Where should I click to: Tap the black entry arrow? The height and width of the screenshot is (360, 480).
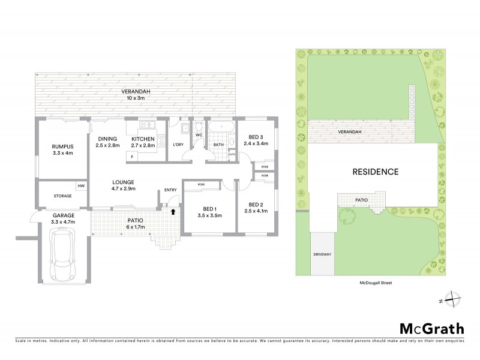tap(173, 211)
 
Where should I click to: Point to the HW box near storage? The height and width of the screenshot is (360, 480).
tap(80, 187)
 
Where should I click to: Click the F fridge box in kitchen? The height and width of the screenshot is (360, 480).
tap(131, 157)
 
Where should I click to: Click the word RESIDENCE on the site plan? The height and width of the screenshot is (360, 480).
tap(374, 172)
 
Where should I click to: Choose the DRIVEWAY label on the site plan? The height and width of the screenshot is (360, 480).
tap(322, 254)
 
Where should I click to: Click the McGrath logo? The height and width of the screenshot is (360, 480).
tap(431, 328)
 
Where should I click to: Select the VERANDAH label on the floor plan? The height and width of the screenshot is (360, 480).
tap(119, 91)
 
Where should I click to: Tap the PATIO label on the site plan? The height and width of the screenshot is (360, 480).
tap(361, 200)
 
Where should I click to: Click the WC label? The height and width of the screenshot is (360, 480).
tap(199, 135)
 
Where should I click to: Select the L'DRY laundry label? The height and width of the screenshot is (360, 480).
tap(178, 145)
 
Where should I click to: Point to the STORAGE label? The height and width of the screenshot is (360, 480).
tap(62, 196)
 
